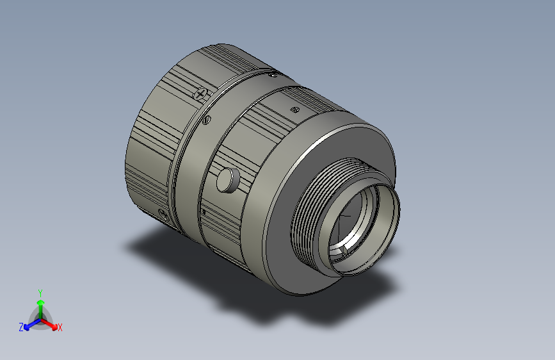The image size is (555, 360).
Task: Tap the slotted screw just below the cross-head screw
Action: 207,120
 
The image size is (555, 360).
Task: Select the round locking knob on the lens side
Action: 227,179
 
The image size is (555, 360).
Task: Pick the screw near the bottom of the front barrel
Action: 163,213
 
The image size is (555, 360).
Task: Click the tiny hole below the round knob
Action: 204,210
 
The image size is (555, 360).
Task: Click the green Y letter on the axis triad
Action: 40,292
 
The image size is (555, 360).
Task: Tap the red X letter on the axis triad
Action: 60,327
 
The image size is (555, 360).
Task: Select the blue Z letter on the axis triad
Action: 20,327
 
